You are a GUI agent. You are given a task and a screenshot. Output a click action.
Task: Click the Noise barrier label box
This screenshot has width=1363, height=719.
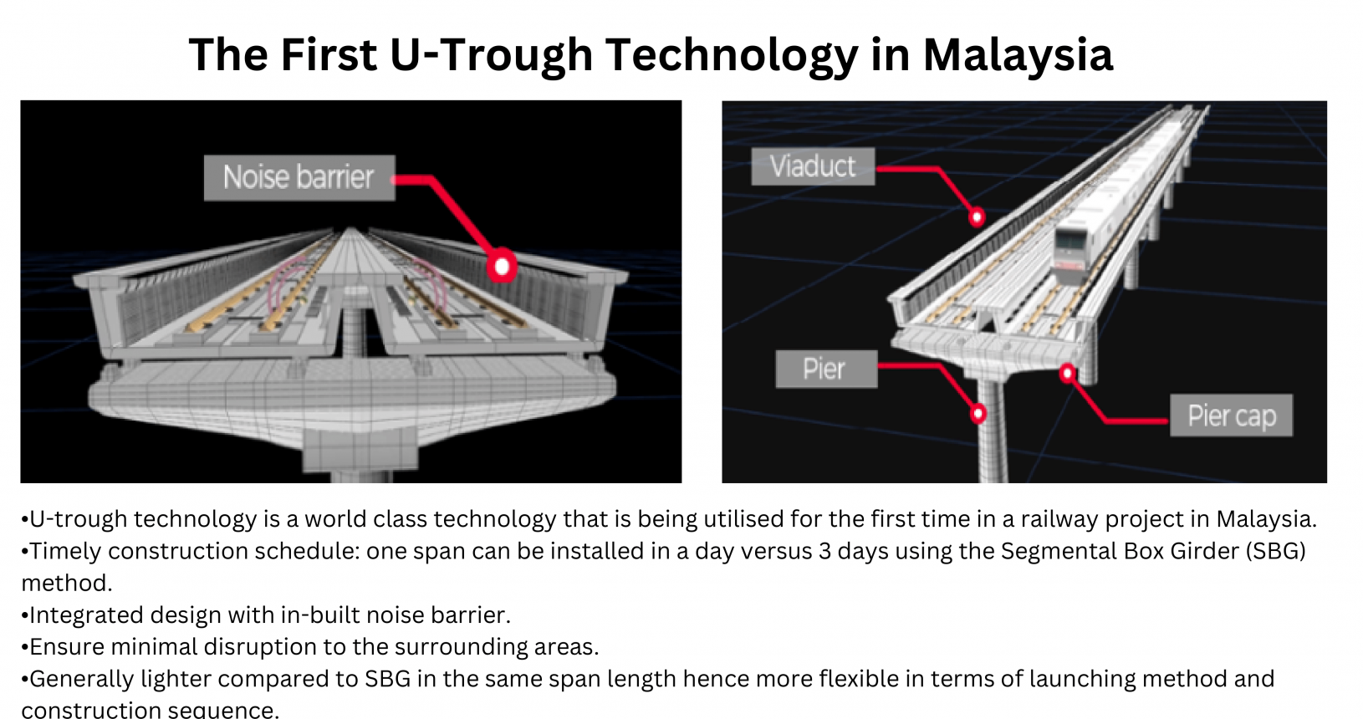click(299, 177)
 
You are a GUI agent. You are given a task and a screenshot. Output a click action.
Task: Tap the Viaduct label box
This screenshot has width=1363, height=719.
click(813, 166)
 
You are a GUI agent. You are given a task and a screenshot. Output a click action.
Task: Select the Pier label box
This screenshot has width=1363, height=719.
click(826, 369)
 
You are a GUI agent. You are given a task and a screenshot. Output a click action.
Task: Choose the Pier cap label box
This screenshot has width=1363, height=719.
click(1231, 416)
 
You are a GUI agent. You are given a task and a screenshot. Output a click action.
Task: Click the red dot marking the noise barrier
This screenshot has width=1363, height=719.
click(502, 266)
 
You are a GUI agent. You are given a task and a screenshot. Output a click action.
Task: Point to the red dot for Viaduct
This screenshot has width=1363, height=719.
click(977, 217)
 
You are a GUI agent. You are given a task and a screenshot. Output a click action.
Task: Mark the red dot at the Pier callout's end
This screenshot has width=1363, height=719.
click(978, 414)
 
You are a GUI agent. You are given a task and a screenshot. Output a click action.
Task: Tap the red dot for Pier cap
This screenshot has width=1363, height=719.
click(1067, 373)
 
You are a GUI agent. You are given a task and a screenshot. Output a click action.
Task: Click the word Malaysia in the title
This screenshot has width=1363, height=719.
click(1018, 54)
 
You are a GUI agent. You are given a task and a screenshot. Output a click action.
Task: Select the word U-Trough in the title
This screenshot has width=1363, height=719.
click(491, 54)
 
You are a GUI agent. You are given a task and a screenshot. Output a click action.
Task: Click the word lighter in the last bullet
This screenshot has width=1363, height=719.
click(176, 679)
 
